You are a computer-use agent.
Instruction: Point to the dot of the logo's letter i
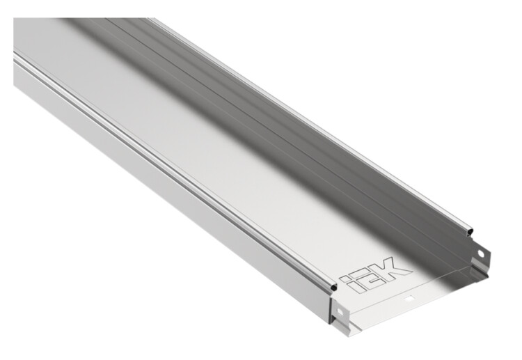point(344,276)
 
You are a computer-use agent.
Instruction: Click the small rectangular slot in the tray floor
point(409,299)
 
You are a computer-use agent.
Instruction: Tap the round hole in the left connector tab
point(340,312)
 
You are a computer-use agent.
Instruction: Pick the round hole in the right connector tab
point(481,253)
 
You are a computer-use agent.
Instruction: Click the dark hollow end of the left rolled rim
point(333,287)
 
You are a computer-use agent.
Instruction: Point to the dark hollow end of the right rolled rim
point(470,230)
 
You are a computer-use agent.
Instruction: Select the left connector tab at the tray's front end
point(340,313)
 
